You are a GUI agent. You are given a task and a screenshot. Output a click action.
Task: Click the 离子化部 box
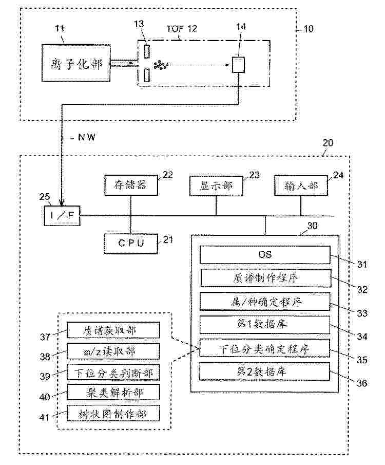[76, 63]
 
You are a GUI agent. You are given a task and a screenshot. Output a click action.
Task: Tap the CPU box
[131, 244]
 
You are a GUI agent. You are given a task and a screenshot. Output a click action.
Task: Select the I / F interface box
[62, 216]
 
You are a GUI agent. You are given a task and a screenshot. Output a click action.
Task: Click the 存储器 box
[131, 185]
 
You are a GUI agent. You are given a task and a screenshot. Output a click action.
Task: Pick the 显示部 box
[216, 186]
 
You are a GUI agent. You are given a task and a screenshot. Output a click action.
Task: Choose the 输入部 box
[301, 185]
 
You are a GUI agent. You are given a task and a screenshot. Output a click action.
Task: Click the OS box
[265, 255]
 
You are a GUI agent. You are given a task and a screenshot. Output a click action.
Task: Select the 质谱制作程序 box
[266, 278]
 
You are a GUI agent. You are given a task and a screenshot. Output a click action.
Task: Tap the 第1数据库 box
[265, 325]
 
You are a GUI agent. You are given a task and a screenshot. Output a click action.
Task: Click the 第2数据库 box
[264, 371]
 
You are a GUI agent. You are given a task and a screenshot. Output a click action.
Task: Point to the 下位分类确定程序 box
[265, 348]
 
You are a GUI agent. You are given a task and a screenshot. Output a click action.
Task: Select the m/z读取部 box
[113, 351]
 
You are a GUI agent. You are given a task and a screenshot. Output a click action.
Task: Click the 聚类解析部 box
[113, 393]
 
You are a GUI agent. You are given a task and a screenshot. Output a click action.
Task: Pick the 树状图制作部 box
[113, 413]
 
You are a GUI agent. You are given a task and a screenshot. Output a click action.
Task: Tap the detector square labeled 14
[238, 65]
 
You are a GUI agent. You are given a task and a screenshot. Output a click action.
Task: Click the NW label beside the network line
[87, 137]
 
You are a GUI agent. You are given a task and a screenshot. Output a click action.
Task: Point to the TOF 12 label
[182, 29]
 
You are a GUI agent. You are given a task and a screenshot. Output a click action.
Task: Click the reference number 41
[45, 417]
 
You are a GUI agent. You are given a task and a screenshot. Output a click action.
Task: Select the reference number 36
[362, 383]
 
